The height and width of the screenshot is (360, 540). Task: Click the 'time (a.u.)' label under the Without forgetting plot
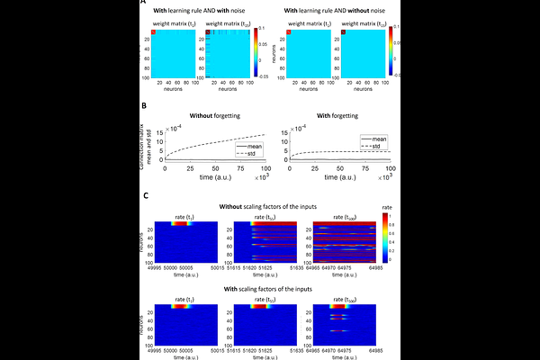click(x=216, y=179)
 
